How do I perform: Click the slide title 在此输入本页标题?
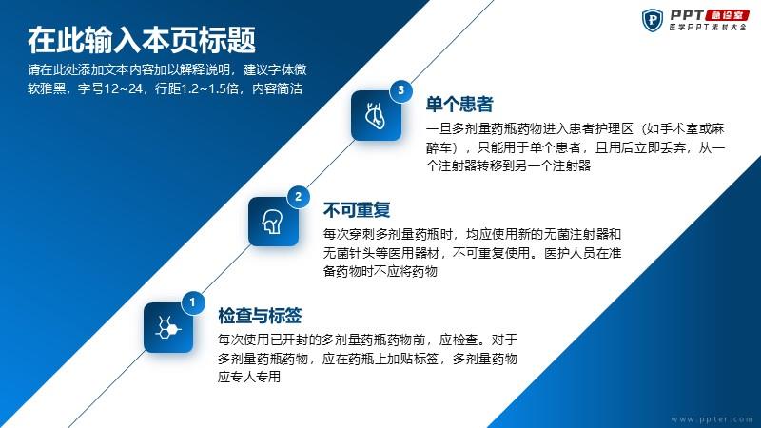point(141,40)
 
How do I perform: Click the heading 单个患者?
point(459,105)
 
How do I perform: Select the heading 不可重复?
point(357,210)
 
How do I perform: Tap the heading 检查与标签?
point(260,316)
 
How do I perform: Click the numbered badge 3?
point(400,90)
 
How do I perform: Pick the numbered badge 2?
point(298,197)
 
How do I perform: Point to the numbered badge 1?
point(193,302)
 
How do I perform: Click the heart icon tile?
point(376,116)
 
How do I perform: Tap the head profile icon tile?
point(273,222)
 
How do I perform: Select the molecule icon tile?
point(168,327)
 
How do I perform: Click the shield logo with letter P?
point(653,20)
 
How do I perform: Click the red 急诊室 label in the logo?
point(727,14)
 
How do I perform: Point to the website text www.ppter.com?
point(712,419)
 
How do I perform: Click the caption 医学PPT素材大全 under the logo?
point(708,28)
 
